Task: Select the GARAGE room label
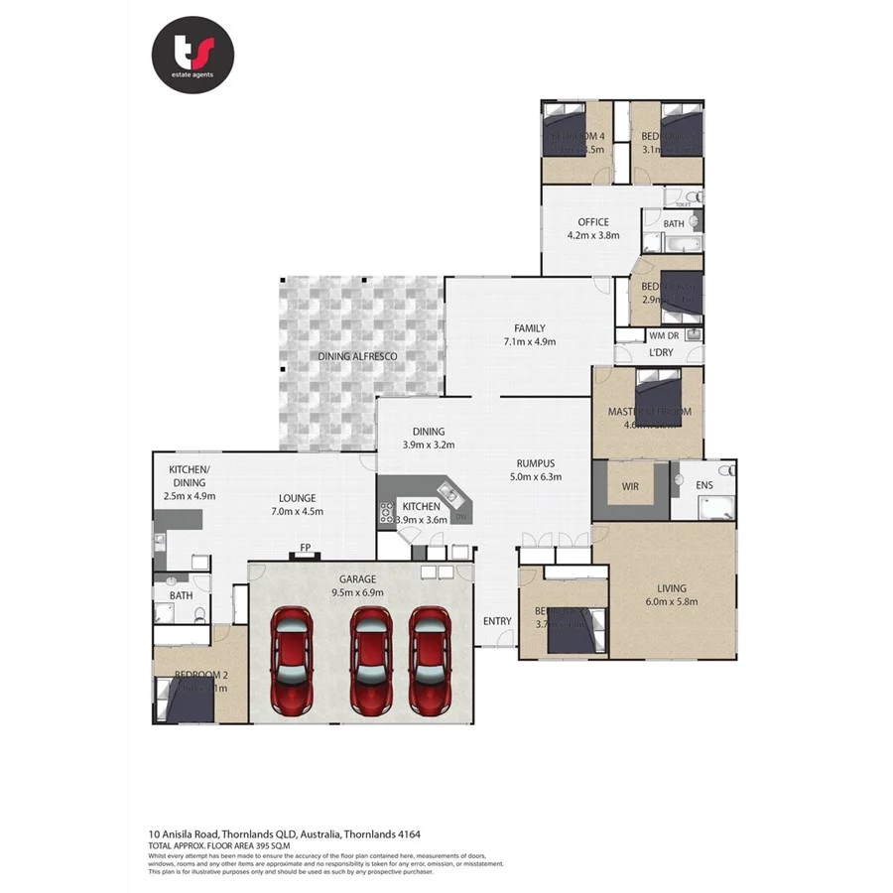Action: tap(358, 578)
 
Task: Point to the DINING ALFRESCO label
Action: tap(357, 355)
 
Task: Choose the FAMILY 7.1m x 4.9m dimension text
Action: tap(529, 341)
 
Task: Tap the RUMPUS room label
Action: tap(534, 462)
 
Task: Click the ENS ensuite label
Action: tap(703, 485)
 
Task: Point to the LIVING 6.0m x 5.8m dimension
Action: tap(672, 601)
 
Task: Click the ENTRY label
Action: tap(497, 621)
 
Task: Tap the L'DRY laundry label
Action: tap(661, 353)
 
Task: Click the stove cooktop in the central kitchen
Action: tap(386, 513)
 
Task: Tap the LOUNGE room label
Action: tap(297, 498)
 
